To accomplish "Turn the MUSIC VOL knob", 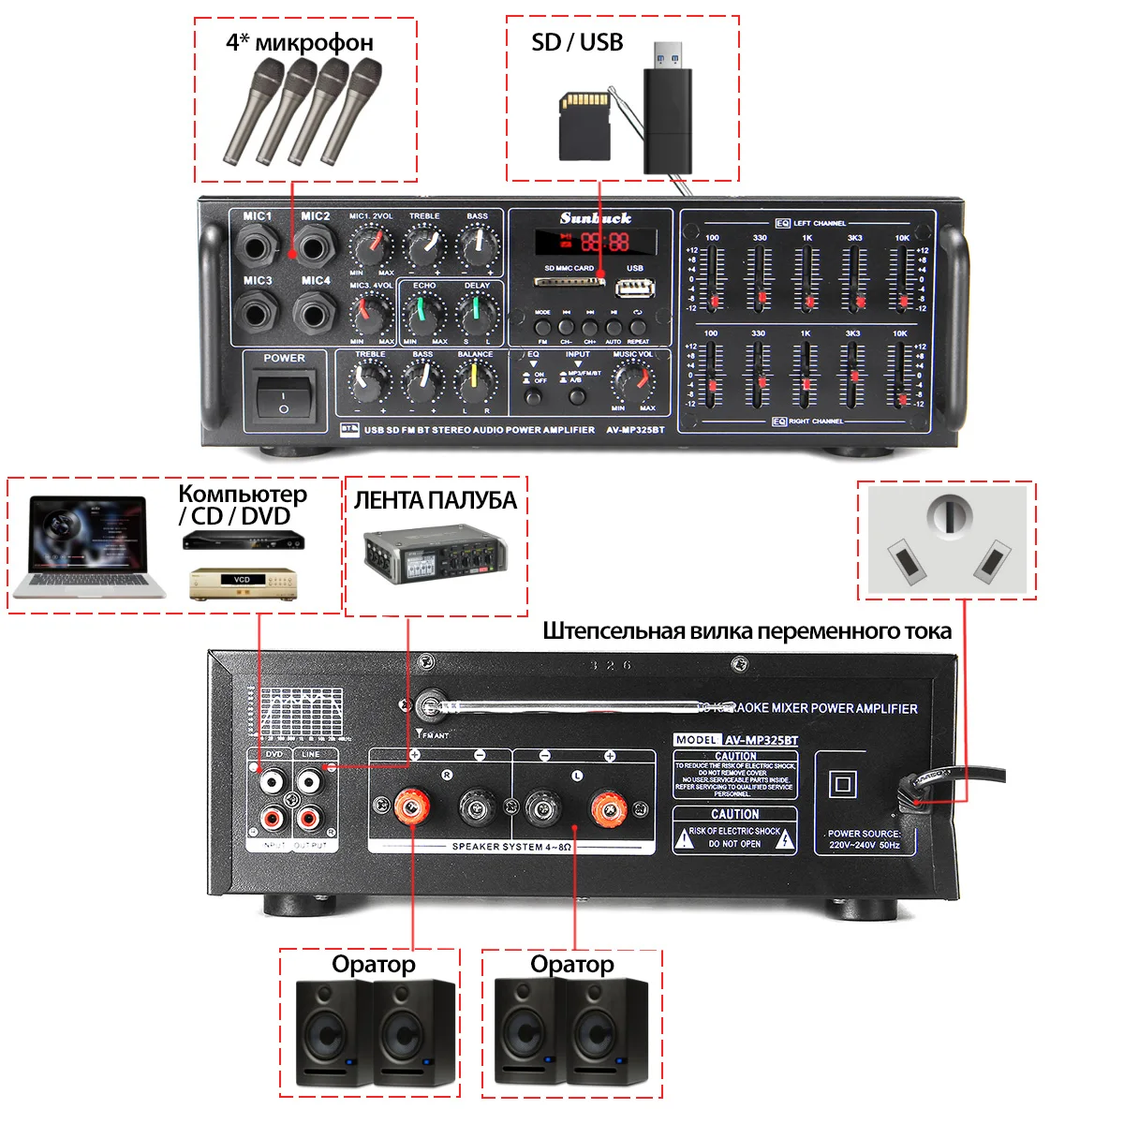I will tap(632, 382).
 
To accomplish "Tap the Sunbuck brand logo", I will tap(596, 218).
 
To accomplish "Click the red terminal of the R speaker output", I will tap(411, 806).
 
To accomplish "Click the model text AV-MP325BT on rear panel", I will tap(761, 740).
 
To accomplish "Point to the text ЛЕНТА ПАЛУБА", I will tap(435, 500).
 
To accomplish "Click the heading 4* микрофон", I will tap(300, 42).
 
